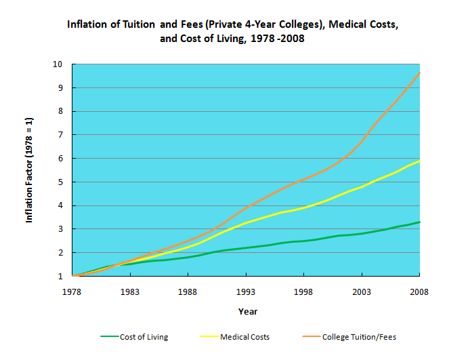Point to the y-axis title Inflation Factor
tap(30, 170)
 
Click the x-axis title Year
tap(247, 311)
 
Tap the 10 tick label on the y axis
tap(58, 64)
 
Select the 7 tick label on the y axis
tap(60, 135)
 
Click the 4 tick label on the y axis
tap(60, 205)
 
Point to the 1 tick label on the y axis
tap(60, 276)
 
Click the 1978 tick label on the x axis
tap(72, 292)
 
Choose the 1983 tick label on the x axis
tap(130, 292)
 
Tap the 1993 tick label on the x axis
tap(246, 292)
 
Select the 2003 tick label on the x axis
tap(362, 292)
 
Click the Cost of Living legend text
tap(144, 337)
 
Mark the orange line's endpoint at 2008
tap(420, 73)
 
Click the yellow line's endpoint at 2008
tap(420, 161)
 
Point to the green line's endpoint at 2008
tap(420, 222)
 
